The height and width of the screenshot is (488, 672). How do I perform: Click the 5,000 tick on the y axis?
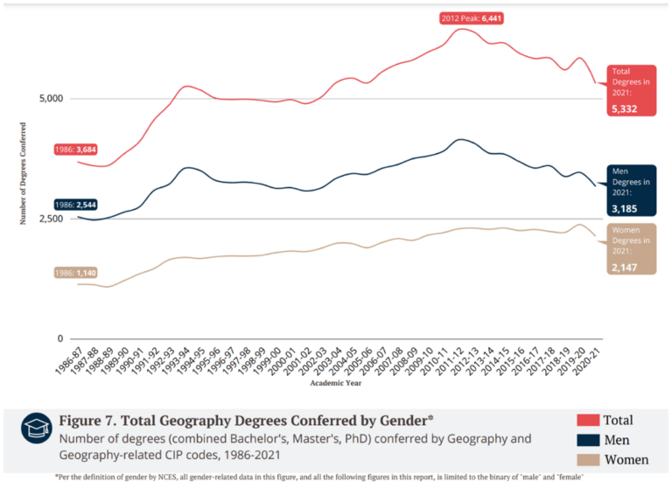pos(51,99)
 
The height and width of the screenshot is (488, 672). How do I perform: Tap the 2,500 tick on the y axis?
pos(51,219)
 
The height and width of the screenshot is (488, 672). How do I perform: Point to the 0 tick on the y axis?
pos(60,338)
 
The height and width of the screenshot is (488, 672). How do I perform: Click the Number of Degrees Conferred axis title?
pos(24,173)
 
